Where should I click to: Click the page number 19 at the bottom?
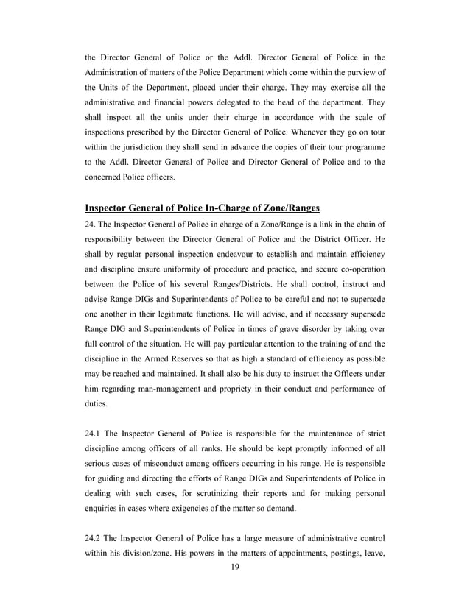pyautogui.click(x=235, y=567)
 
